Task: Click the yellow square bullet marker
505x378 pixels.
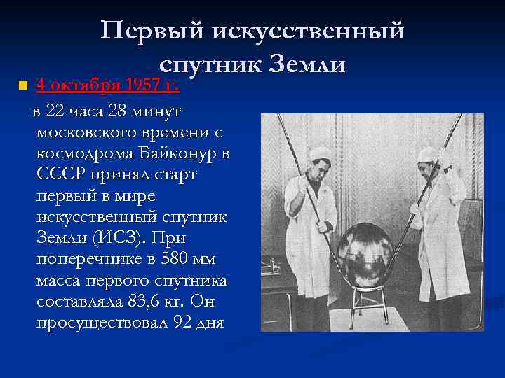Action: click(x=22, y=86)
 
